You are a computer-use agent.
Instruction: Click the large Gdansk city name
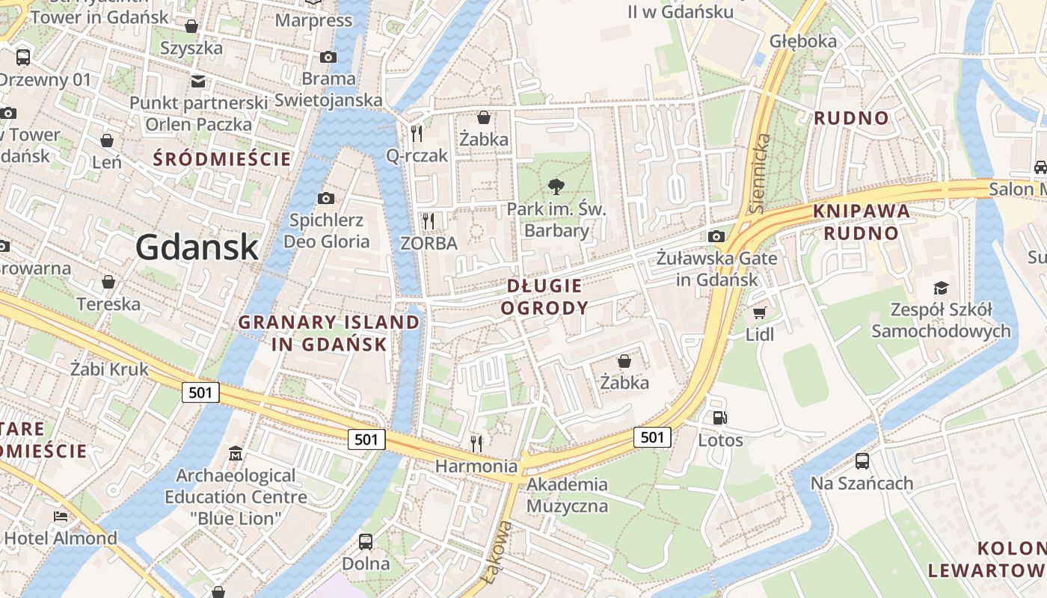197,247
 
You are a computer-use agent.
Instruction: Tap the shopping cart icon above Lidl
759,312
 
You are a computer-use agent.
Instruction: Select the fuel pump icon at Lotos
719,418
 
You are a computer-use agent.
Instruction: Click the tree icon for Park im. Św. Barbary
556,186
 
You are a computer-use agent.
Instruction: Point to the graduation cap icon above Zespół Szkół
940,288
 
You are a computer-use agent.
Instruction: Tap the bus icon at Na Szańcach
862,460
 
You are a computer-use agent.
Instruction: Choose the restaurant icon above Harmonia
476,443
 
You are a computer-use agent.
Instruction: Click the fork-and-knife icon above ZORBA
428,221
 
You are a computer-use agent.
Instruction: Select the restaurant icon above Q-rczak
417,133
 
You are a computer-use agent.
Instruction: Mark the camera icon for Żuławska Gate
716,236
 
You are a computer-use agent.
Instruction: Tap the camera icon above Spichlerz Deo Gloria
326,198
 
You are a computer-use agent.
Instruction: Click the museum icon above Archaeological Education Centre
236,453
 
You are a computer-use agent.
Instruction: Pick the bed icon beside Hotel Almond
60,517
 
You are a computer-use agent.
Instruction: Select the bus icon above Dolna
366,541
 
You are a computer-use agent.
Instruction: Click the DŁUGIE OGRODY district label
544,296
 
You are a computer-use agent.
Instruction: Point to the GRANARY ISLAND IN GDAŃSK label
329,333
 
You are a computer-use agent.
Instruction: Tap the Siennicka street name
760,173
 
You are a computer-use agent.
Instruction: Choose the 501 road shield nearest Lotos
652,437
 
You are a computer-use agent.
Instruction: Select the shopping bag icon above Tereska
108,282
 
